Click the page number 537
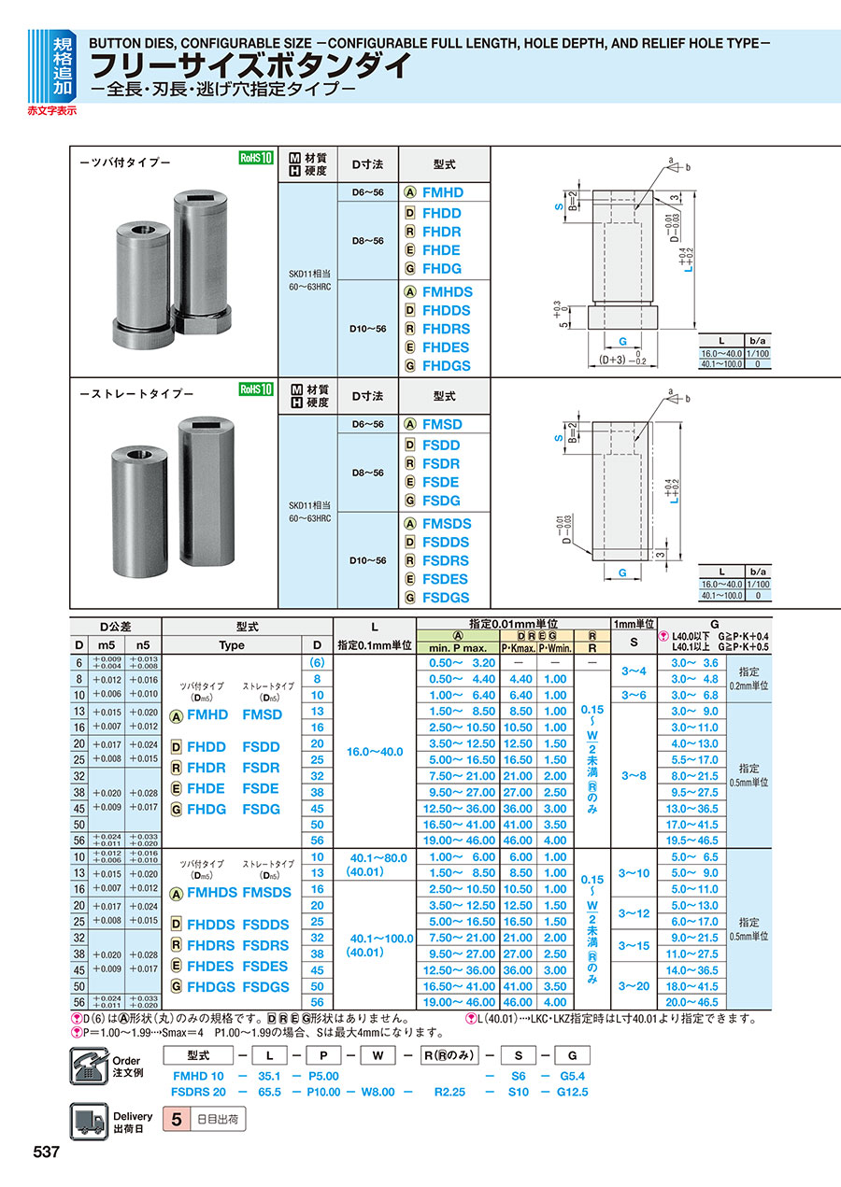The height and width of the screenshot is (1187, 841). pyautogui.click(x=47, y=1152)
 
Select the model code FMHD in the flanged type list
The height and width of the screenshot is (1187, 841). pyautogui.click(x=442, y=192)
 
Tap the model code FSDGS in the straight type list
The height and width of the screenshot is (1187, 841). pyautogui.click(x=446, y=598)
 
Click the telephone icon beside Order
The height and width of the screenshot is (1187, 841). pyautogui.click(x=89, y=1067)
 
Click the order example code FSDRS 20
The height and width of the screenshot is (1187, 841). pyautogui.click(x=199, y=1091)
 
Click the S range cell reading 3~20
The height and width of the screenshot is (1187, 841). pyautogui.click(x=633, y=986)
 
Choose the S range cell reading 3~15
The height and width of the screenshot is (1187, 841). pyautogui.click(x=633, y=945)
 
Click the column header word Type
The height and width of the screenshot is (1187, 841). pyautogui.click(x=231, y=645)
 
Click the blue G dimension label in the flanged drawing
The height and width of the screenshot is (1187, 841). pyautogui.click(x=621, y=343)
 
